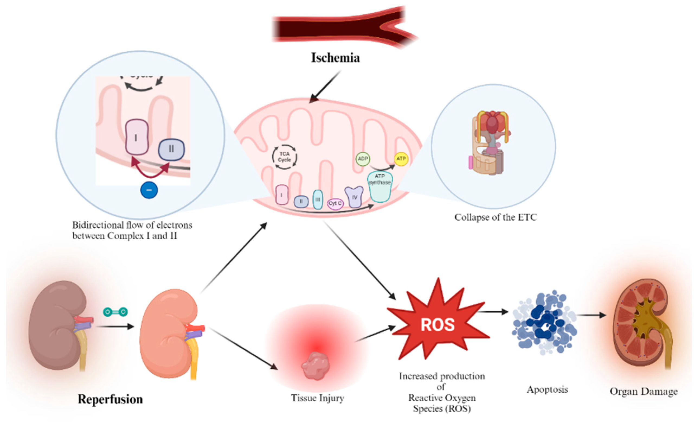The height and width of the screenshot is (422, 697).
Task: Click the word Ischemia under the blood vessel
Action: point(335,58)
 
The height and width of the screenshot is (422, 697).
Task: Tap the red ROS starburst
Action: point(437,324)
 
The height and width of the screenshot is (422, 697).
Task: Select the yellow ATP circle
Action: point(401,158)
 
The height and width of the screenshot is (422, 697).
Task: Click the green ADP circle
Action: point(363,159)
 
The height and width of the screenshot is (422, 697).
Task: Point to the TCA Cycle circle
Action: point(285,157)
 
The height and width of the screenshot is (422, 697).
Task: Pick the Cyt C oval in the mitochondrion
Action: point(335,203)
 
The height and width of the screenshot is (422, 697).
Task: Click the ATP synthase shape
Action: point(380,187)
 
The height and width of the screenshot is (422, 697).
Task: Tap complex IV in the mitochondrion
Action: point(354,197)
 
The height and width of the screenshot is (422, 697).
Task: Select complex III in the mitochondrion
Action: point(318,200)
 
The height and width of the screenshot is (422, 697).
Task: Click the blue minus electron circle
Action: point(149,190)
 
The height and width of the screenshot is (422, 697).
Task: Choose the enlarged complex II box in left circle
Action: point(172,149)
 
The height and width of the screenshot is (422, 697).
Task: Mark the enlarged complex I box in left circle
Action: point(137,137)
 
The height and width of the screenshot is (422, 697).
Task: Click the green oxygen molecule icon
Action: point(115,312)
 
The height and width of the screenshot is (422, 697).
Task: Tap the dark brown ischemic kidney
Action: point(57,325)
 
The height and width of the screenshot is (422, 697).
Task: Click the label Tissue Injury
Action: point(317,398)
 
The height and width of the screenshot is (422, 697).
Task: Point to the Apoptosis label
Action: point(547,390)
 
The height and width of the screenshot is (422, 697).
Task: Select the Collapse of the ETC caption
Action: point(495,217)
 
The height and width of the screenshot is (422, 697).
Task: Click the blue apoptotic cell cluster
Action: point(543,323)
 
